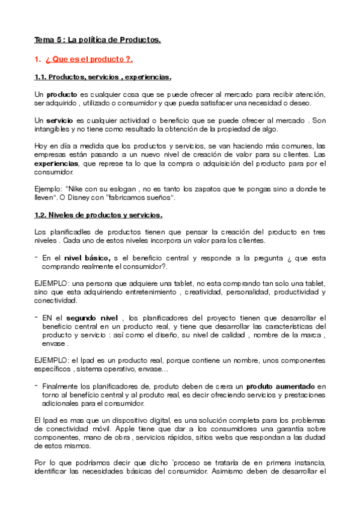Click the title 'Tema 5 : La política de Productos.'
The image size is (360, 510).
coord(98,40)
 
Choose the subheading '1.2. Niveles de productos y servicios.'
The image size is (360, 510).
coord(98,215)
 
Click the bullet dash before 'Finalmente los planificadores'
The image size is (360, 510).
coord(37,385)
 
